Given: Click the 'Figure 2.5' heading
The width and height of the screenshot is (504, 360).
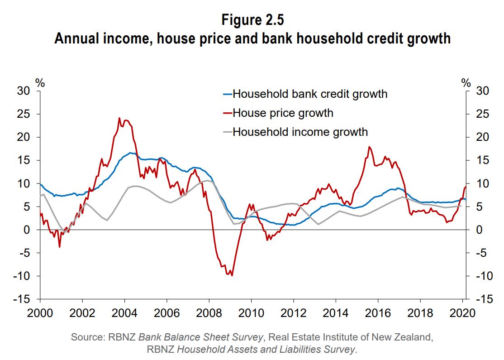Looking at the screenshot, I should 252,20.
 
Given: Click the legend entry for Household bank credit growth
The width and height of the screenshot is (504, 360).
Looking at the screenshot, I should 310,94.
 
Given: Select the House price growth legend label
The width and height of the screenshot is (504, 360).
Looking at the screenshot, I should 283,113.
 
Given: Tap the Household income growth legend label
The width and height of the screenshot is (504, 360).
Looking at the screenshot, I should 300,132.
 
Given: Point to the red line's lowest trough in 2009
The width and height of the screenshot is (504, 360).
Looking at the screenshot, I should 232,275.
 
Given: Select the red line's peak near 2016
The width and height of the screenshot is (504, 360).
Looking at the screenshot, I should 370,147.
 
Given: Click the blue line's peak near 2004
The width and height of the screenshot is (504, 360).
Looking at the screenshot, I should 130,153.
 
